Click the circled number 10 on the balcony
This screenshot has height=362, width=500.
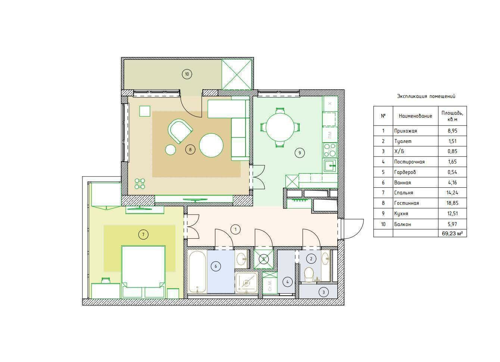[x=187, y=74]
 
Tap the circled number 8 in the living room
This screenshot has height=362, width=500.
[x=190, y=149]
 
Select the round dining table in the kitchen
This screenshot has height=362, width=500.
[x=280, y=127]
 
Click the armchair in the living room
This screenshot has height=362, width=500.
[x=180, y=131]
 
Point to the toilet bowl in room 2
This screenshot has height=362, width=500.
[x=309, y=274]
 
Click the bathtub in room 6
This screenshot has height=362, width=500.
[x=197, y=271]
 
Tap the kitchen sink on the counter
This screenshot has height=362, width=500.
[x=330, y=166]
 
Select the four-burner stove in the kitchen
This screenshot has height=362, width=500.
[x=330, y=150]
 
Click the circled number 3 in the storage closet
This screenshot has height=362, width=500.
[x=324, y=292]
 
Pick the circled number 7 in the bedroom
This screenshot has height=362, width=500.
[x=143, y=234]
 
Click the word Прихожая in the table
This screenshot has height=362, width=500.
[x=406, y=131]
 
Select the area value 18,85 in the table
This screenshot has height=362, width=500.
[x=452, y=203]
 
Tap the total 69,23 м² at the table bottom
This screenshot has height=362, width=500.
[x=452, y=234]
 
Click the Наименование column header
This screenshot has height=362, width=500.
[x=415, y=116]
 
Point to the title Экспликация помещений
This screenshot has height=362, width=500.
[x=426, y=96]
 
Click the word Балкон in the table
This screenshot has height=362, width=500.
[x=403, y=224]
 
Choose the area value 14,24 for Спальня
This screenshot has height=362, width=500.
[x=452, y=193]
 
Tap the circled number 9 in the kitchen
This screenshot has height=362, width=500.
[x=300, y=153]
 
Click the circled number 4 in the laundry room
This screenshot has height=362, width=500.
[x=287, y=282]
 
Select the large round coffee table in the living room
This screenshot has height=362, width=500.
[x=211, y=145]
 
